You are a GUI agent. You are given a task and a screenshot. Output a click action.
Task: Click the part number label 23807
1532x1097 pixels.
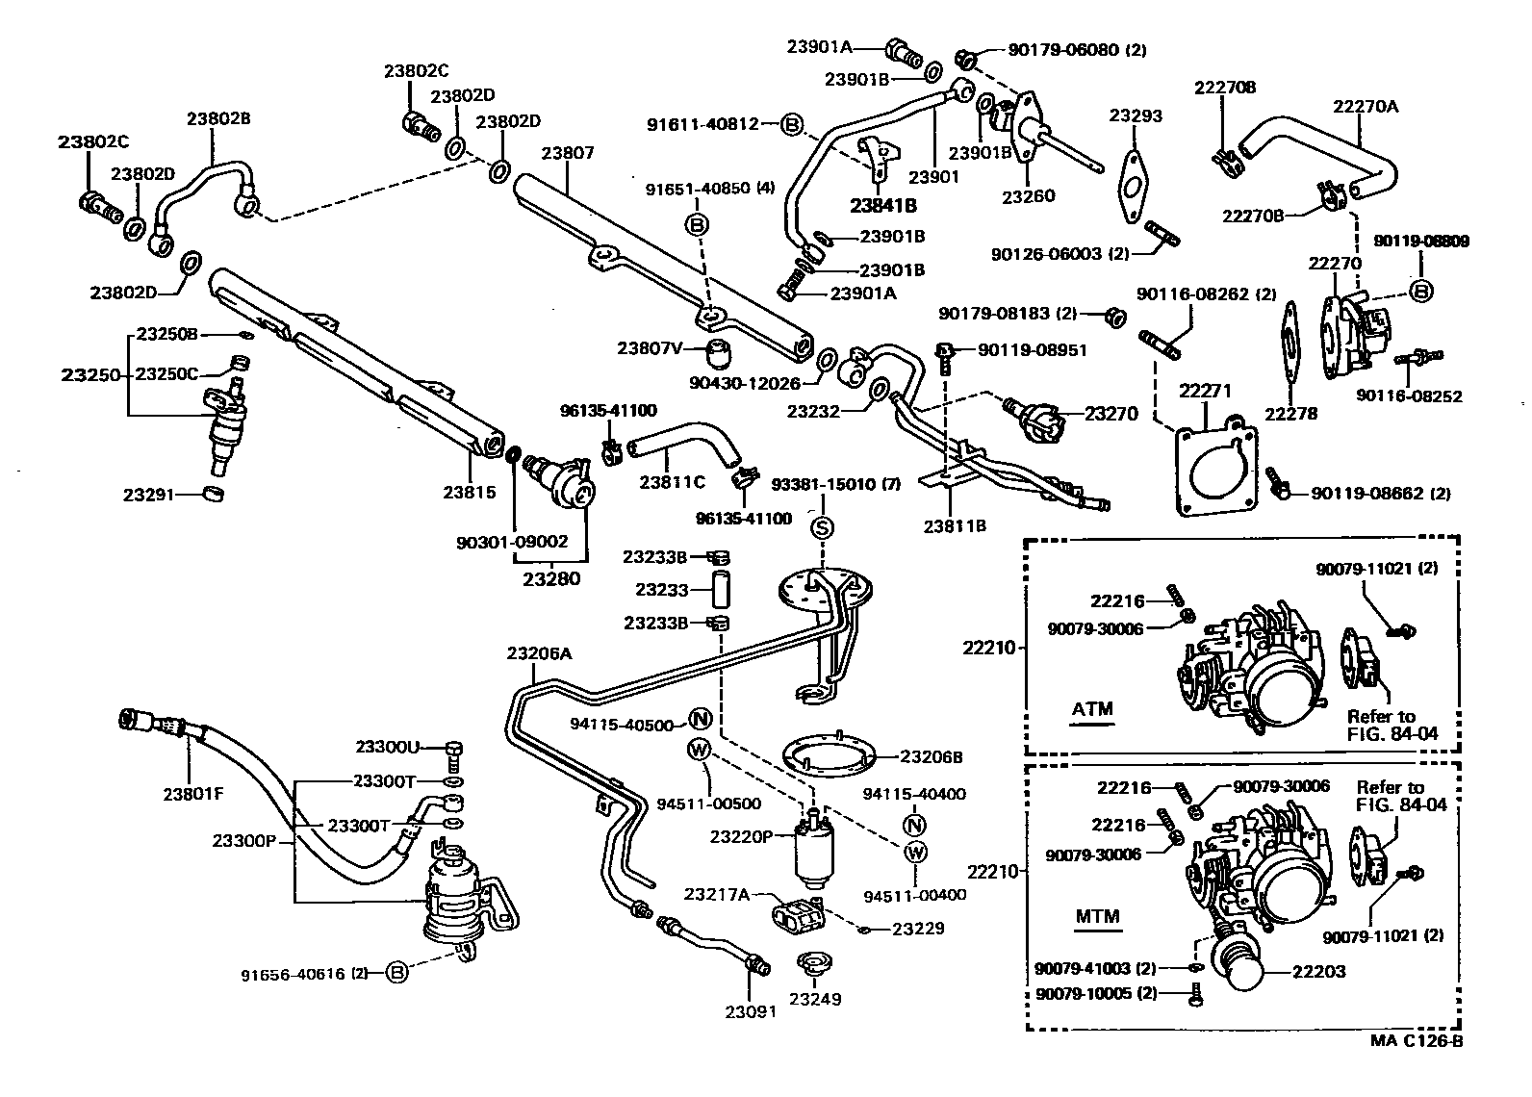567,153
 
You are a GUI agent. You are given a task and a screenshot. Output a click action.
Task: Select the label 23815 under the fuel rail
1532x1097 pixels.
469,492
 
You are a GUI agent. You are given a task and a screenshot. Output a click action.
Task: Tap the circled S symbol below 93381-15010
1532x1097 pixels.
822,526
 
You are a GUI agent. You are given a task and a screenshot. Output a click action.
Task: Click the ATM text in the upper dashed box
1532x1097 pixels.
1092,709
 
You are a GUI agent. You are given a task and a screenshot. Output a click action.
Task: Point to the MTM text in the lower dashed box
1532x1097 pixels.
1097,915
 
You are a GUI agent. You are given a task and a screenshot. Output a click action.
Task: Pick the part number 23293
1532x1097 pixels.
1136,115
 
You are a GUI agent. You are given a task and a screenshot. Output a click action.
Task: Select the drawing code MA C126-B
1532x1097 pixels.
1417,1040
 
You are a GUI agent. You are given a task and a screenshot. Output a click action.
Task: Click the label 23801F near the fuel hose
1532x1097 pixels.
192,794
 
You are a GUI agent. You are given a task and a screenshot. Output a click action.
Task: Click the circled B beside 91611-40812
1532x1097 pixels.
791,124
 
